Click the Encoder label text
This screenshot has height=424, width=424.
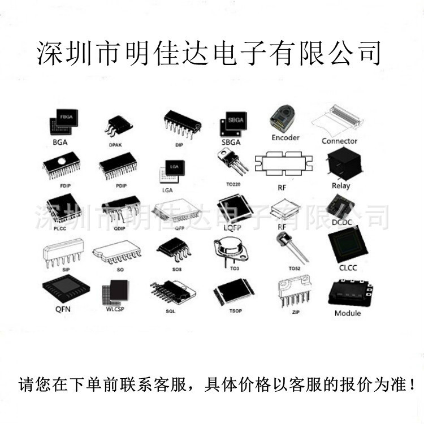pos(285,137)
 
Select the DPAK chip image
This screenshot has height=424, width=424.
pos(118,125)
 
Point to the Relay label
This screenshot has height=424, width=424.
pos(340,185)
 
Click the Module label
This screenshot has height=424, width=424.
pos(347,313)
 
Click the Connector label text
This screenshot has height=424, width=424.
pos(339,141)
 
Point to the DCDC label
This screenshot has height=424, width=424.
pos(341,222)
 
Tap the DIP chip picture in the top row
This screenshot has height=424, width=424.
pos(181,123)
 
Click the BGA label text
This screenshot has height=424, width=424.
pos(59,142)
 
